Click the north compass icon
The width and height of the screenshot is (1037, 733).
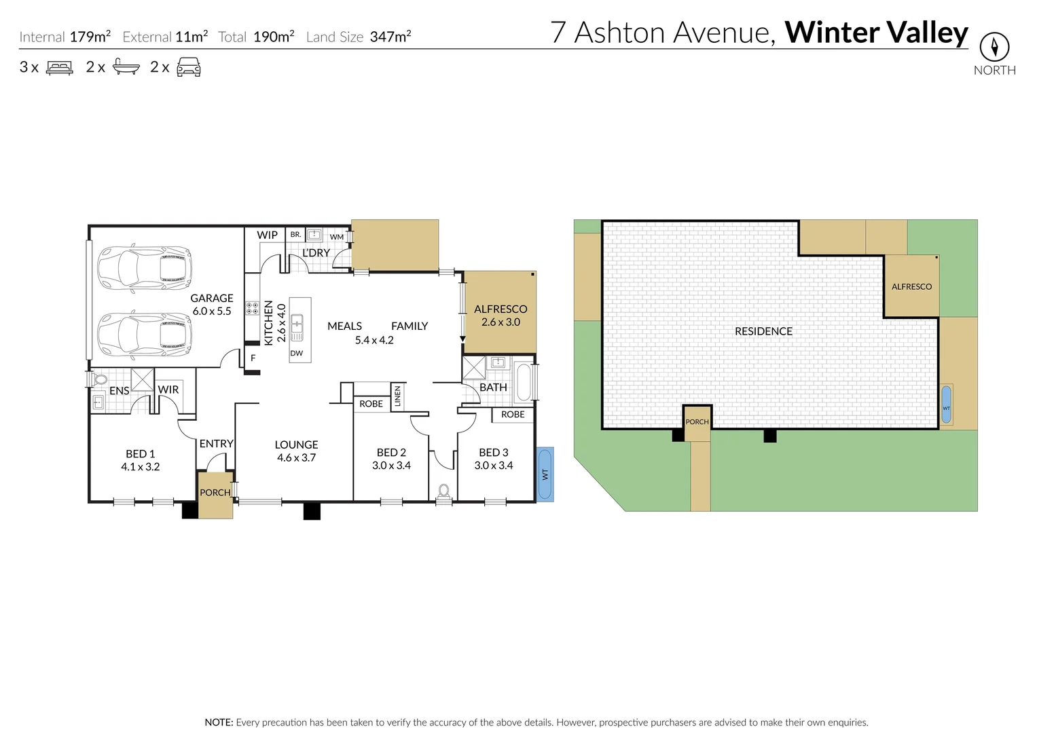tap(994, 47)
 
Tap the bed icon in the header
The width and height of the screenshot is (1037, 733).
tap(59, 67)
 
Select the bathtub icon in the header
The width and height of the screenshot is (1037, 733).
tap(126, 67)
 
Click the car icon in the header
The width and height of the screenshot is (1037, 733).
tap(189, 67)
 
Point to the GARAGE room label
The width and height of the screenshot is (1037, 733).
tap(212, 299)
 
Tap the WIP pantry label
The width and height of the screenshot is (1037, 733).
tap(267, 235)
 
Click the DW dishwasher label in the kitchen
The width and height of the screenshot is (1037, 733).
tap(297, 354)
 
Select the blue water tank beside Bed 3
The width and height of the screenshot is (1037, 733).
tap(545, 474)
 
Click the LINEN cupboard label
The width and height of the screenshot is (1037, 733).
tap(398, 396)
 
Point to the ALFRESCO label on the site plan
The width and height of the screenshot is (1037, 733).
tap(911, 287)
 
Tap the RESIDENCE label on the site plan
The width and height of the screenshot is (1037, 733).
tap(763, 331)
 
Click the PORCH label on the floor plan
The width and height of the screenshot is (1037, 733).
tap(215, 493)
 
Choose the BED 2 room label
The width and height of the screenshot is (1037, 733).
tap(391, 453)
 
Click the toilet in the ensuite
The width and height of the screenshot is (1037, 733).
tap(101, 379)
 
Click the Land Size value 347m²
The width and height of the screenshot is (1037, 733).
tap(390, 37)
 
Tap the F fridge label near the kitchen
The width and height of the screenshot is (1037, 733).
tap(253, 358)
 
